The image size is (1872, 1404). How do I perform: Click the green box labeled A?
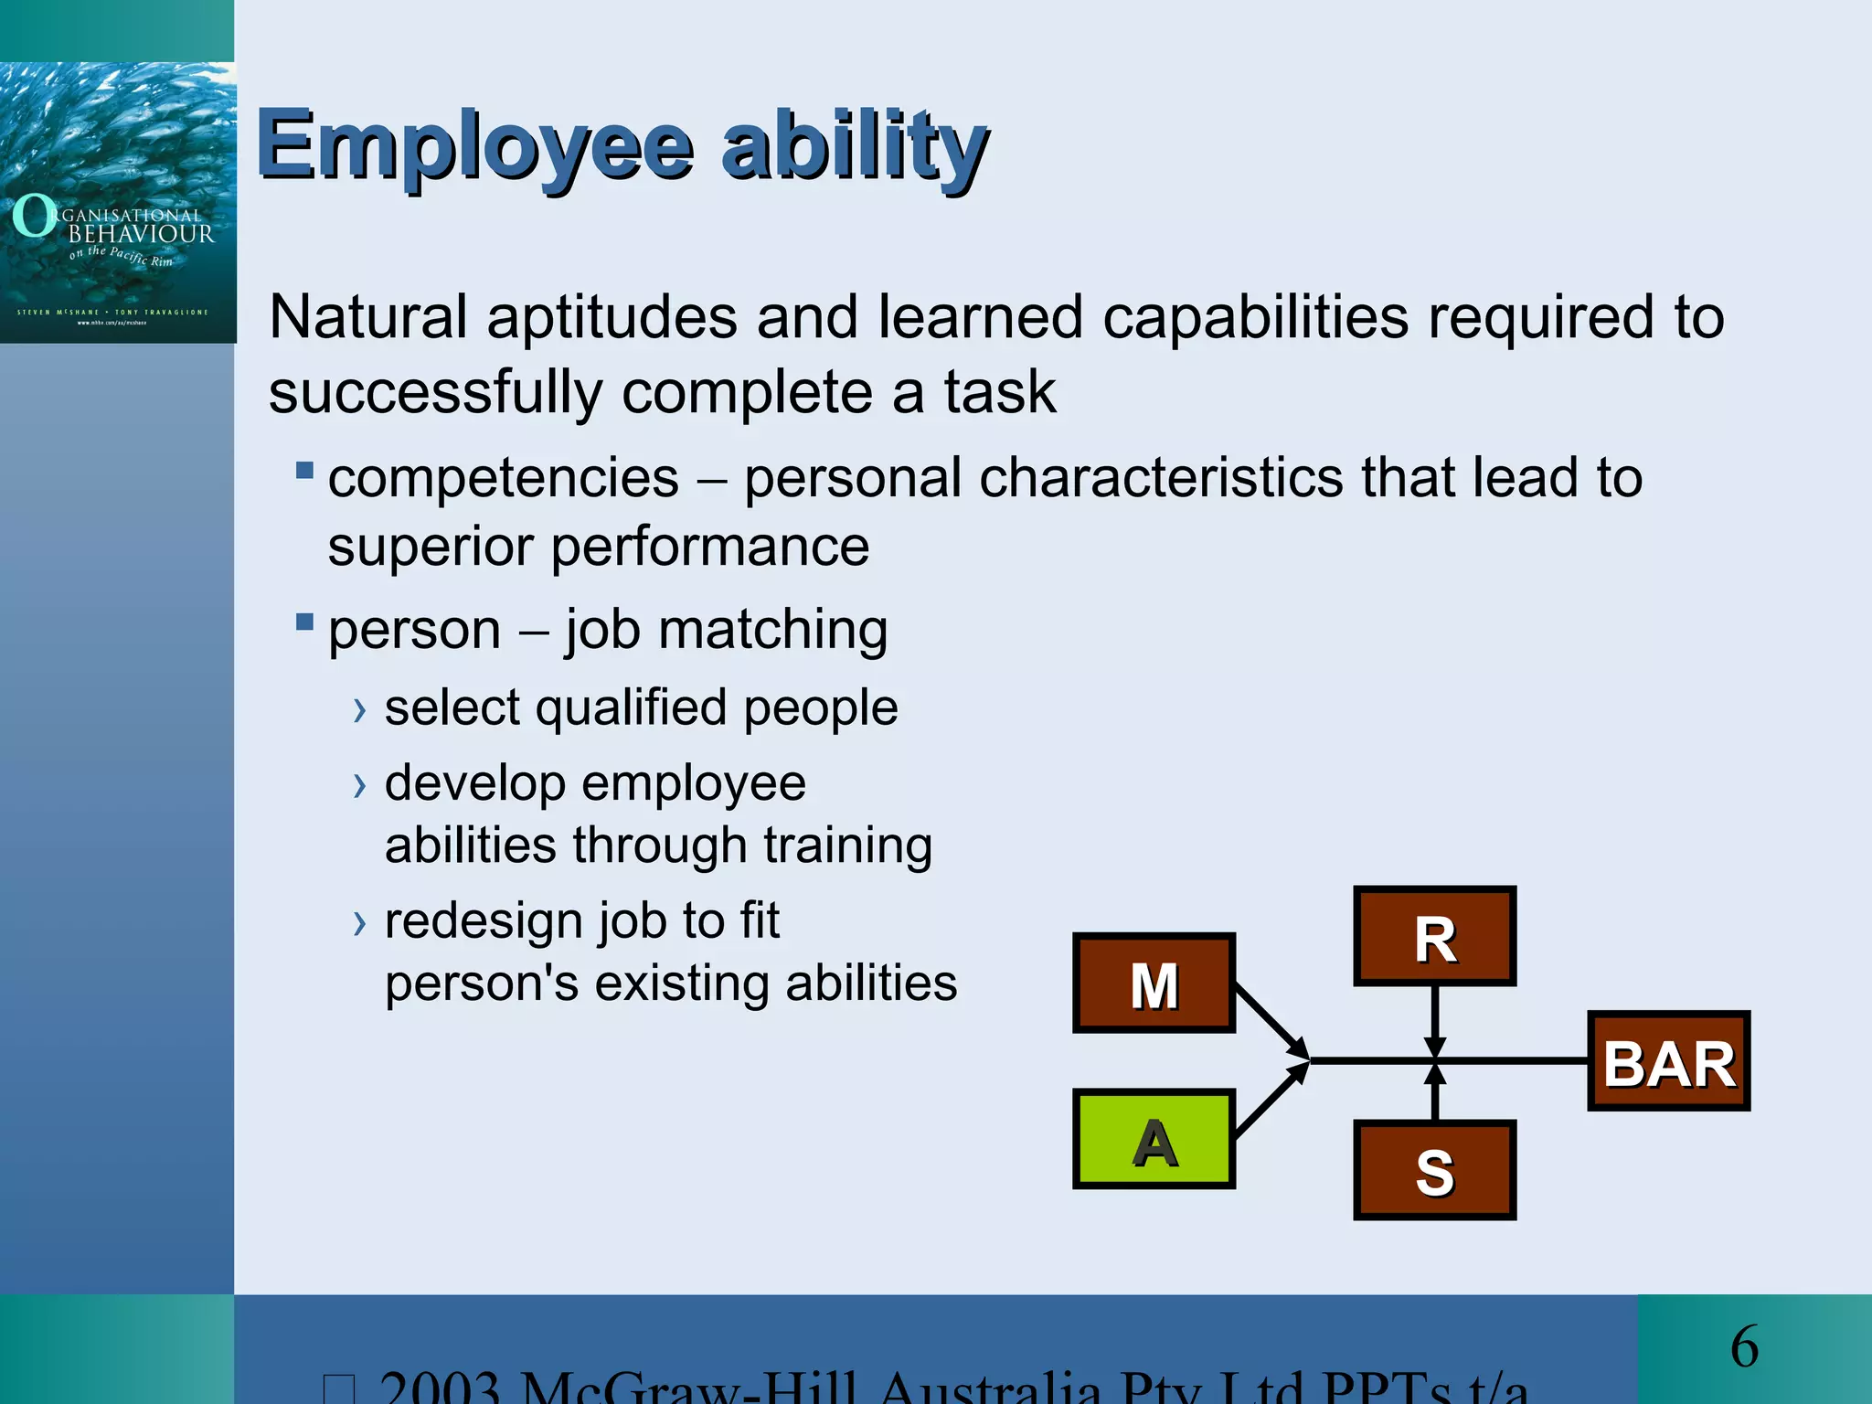pos(1154,1139)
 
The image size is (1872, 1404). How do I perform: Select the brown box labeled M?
pos(1154,984)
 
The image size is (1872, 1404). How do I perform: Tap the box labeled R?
pos(1434,936)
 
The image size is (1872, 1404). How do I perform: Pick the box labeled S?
pos(1434,1170)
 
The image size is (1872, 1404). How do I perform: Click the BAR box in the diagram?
pos(1668,1062)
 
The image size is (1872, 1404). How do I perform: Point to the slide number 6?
pos(1744,1346)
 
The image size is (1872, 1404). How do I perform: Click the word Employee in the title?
pos(475,146)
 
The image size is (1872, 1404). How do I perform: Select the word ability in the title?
pos(855,146)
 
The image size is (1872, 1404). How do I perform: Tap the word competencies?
pos(504,479)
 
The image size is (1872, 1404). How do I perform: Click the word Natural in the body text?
pos(367,318)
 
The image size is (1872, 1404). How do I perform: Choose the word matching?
pos(772,631)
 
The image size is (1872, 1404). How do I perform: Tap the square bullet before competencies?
pos(304,471)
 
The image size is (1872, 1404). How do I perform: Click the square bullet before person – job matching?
pos(304,622)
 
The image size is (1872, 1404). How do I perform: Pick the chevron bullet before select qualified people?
pos(360,710)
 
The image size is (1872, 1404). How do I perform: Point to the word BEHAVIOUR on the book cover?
pos(142,234)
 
